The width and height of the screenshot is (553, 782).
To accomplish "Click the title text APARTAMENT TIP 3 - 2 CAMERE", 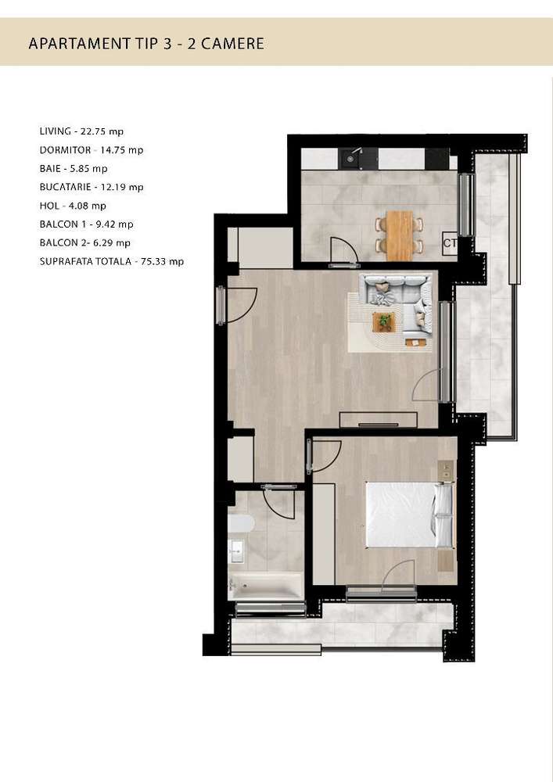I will (x=145, y=43).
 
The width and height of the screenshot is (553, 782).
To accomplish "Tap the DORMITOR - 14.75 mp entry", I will (x=92, y=149).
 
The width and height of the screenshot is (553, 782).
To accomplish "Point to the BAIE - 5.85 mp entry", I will (x=74, y=168).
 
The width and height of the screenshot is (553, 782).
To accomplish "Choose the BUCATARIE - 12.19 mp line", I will (x=92, y=187).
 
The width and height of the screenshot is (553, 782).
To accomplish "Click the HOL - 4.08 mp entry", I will (x=72, y=206).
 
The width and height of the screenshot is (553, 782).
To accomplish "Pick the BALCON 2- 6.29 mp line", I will (x=84, y=243).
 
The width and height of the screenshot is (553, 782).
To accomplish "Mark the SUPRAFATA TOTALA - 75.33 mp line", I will (x=111, y=262).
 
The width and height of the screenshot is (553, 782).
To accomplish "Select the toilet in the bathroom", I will (x=239, y=523).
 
